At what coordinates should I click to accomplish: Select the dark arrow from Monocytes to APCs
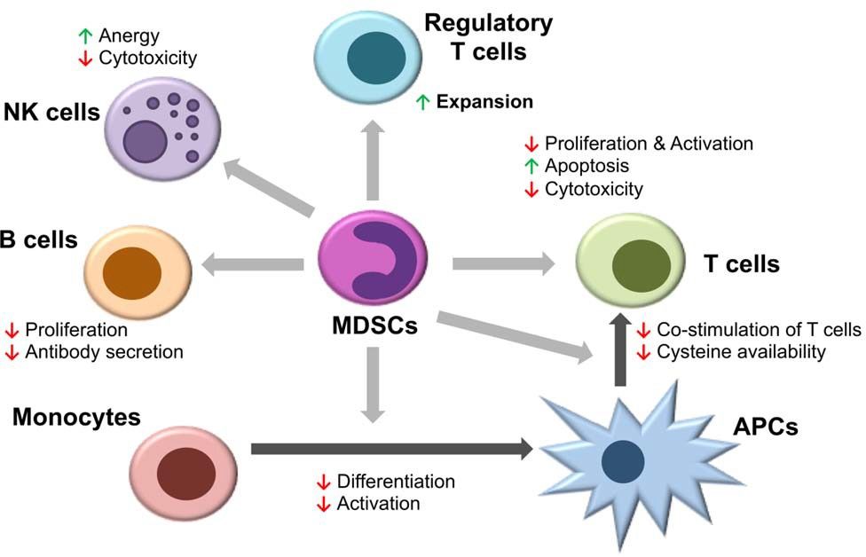tap(391, 450)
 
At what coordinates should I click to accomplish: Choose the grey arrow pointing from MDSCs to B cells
tap(253, 263)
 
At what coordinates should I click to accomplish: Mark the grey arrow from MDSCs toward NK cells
tap(271, 187)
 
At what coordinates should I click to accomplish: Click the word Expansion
tap(484, 102)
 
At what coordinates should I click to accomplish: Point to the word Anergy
tap(130, 36)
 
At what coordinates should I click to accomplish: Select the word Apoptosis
tap(587, 166)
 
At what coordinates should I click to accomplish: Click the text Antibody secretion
tap(105, 352)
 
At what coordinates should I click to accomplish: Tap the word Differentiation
tap(396, 482)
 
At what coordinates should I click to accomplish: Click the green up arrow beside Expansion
tap(423, 102)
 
